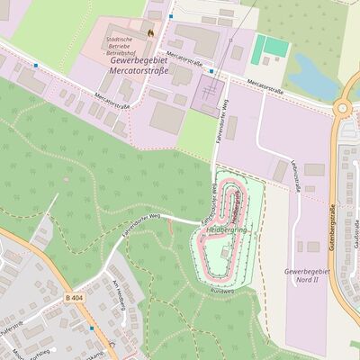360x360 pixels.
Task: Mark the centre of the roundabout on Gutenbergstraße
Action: pos(345,109)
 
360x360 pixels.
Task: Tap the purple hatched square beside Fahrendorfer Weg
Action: pos(209,94)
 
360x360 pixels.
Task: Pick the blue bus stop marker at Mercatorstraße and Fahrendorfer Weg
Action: pos(211,70)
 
